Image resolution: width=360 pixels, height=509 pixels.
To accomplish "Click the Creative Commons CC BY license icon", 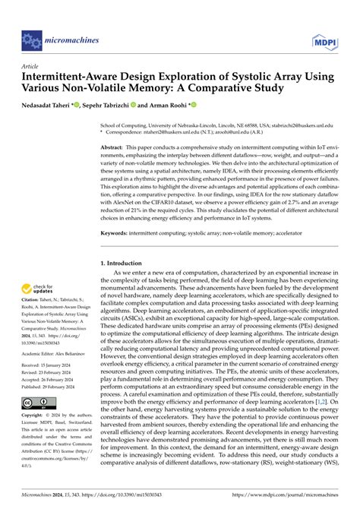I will click(x=38, y=422).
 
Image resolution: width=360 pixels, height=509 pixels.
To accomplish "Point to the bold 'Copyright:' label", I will click(x=36, y=438).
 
